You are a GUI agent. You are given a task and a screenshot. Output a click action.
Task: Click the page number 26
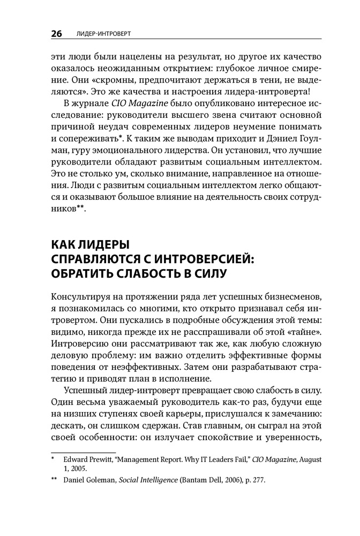pyautogui.click(x=56, y=34)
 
